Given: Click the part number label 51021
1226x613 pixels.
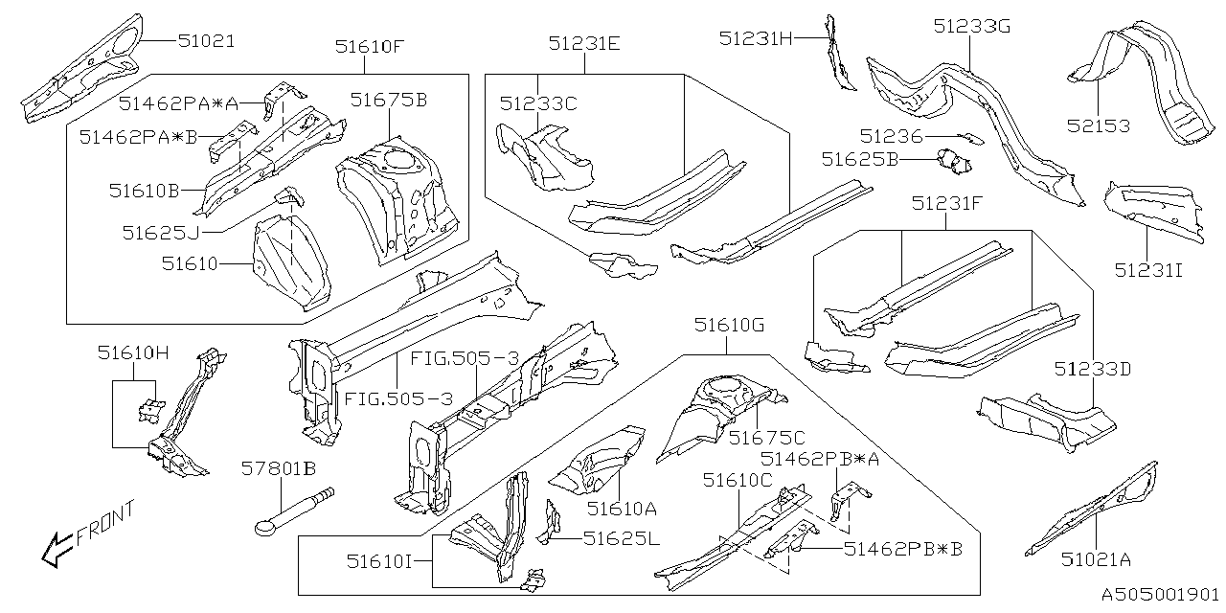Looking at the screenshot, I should [206, 41].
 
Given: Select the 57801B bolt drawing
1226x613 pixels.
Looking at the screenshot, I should [293, 508].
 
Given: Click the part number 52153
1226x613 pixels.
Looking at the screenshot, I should [1099, 125].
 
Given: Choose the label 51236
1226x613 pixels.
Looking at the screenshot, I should [891, 137].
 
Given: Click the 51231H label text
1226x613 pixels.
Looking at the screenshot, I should [757, 37].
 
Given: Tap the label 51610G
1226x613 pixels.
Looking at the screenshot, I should [729, 326].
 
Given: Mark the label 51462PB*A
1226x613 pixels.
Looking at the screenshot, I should [820, 459].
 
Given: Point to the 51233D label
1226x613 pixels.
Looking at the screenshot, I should [1093, 368].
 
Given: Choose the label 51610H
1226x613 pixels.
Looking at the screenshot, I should [133, 352].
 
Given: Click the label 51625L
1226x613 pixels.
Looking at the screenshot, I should [622, 538].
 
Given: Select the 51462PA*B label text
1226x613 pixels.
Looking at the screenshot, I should [138, 137].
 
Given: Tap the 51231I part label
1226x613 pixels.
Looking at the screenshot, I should [1148, 270].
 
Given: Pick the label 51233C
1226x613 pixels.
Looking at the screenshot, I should [538, 103].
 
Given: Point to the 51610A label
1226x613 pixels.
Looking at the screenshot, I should [622, 509].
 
